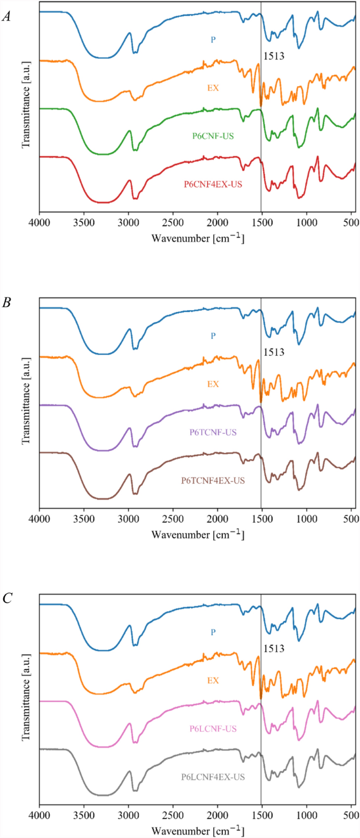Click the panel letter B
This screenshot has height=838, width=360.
pyautogui.click(x=6, y=303)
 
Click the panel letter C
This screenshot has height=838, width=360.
pyautogui.click(x=6, y=599)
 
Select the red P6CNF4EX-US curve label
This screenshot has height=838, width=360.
pyautogui.click(x=213, y=184)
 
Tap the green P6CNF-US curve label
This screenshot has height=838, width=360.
pyautogui.click(x=213, y=136)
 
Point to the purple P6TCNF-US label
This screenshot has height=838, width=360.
pyautogui.click(x=213, y=433)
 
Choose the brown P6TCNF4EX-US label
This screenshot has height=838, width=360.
pyautogui.click(x=213, y=480)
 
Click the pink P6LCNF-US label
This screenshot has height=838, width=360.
pyautogui.click(x=213, y=729)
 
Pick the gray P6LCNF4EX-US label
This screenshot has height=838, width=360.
pyautogui.click(x=213, y=776)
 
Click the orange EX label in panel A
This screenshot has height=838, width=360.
pyautogui.click(x=213, y=88)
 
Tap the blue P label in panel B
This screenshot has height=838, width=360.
pyautogui.click(x=213, y=335)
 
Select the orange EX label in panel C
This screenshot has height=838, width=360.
pyautogui.click(x=213, y=680)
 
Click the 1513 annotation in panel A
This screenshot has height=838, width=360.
pyautogui.click(x=273, y=56)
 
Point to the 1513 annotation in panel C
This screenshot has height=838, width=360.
pyautogui.click(x=273, y=649)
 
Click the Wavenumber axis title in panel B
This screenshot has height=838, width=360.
pyautogui.click(x=198, y=535)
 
